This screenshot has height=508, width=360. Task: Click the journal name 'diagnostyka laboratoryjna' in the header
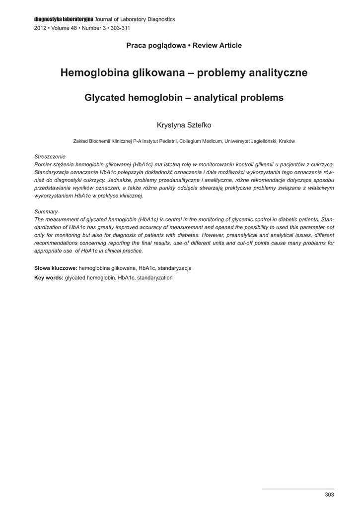click(x=64, y=19)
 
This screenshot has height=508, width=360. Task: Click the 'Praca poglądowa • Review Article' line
click(x=184, y=46)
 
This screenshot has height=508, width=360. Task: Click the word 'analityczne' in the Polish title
click(x=276, y=73)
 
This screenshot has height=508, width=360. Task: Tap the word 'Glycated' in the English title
click(x=104, y=98)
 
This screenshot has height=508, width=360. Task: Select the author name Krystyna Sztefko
click(x=184, y=125)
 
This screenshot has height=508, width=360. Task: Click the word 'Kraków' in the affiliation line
click(x=287, y=141)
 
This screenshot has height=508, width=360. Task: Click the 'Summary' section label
click(x=46, y=211)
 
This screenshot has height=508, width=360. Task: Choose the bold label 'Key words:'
click(x=49, y=278)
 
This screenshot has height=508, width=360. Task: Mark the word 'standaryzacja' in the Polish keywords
click(x=175, y=268)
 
